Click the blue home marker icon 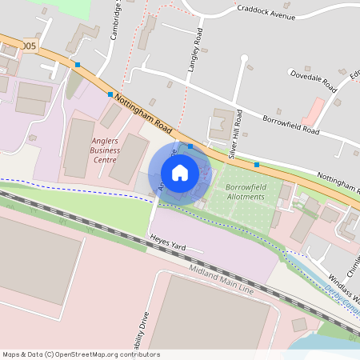click(180, 173)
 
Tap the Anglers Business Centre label click(105, 150)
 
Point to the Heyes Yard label click(168, 243)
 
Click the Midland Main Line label click(221, 280)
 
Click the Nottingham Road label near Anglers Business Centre click(143, 112)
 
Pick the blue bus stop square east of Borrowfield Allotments click(257, 164)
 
